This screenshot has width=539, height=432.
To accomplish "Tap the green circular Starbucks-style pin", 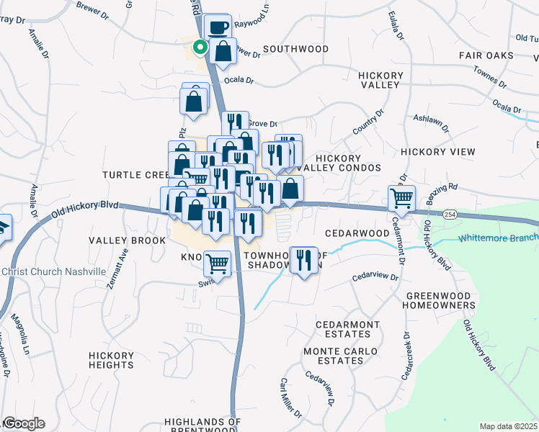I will coord(200,48).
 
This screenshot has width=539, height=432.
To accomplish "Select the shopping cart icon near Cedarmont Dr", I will coord(401,197).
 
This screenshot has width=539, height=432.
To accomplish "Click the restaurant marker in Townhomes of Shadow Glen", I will coord(303,260).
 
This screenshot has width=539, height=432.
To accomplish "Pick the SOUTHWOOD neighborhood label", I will coord(295,49).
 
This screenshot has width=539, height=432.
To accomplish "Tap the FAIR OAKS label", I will coord(486,55).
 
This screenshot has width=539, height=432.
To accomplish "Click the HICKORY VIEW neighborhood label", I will coord(438,152).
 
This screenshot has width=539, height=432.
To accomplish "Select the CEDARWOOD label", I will coord(357,233).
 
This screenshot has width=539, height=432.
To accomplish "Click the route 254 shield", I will coord(450,215).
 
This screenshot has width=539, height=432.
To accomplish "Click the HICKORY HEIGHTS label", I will coord(112,360).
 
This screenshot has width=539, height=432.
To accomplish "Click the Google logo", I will coord(23,423).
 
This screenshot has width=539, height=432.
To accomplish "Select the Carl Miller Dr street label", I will coord(290,397).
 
